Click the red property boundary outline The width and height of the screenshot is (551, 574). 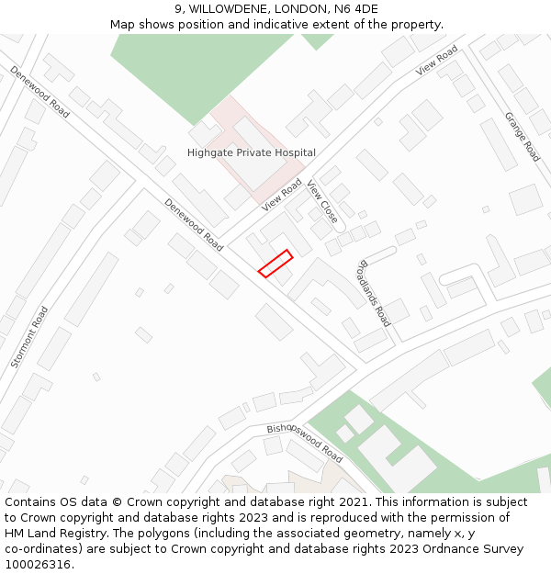pos(275,263)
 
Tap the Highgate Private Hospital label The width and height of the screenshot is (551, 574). pos(251,152)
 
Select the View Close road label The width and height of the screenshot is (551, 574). pos(322,202)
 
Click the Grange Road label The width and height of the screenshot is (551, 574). pos(521,137)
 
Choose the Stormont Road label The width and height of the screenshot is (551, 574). pos(28,337)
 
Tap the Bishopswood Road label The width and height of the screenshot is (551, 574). pos(304,444)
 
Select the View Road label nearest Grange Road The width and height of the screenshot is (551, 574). pos(436,60)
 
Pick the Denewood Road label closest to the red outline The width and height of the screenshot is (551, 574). pos(194,225)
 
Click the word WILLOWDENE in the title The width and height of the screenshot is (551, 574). pos(232,9)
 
